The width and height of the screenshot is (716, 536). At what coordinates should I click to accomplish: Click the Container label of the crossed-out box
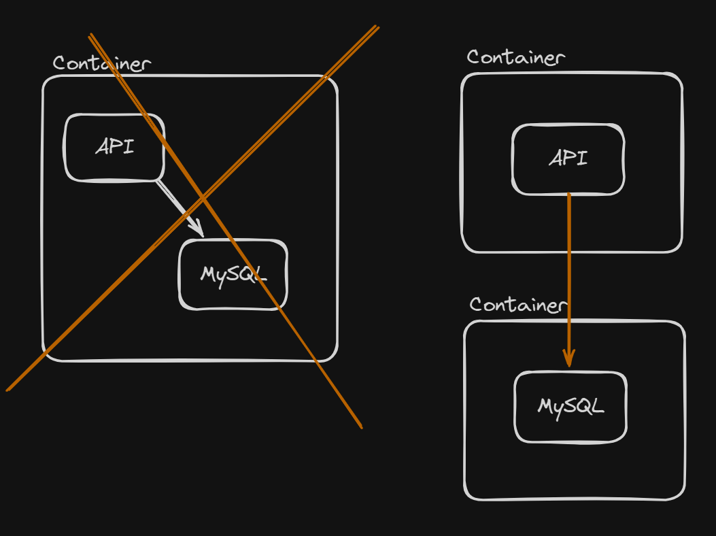102,63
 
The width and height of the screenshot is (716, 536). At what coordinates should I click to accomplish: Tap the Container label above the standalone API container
515,58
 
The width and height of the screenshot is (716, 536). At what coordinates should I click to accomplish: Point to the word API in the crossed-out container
115,146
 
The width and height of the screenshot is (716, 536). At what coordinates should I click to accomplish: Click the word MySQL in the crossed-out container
233,274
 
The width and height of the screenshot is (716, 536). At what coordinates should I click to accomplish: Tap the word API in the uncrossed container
568,158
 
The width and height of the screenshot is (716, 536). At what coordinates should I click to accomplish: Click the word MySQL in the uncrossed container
570,407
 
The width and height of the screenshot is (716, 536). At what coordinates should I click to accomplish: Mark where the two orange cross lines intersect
203,198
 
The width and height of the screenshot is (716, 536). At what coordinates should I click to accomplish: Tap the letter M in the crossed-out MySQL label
208,274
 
